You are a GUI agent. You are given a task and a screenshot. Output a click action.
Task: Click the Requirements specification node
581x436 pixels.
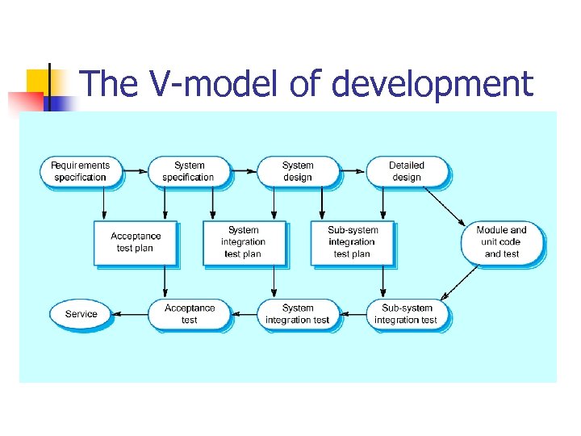pos(80,171)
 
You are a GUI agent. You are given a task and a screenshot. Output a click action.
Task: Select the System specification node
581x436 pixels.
pos(188,171)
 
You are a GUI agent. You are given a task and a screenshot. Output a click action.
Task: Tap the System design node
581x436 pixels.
pos(298,171)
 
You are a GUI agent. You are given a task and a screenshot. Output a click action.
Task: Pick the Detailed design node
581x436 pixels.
pos(407,171)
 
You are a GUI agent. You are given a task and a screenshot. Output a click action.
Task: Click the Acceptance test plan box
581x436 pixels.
pos(135,242)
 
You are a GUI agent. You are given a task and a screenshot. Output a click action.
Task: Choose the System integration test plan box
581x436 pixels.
pos(243,242)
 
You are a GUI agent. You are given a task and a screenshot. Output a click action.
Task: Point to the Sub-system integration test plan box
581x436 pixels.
pos(352,242)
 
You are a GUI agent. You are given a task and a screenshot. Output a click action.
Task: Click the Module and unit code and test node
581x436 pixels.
pos(501,242)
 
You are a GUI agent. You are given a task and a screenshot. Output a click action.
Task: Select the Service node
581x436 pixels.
pos(81,314)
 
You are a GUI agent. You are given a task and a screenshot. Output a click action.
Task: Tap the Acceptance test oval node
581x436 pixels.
pos(189,314)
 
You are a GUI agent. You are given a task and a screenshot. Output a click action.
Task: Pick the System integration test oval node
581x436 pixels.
pos(298,314)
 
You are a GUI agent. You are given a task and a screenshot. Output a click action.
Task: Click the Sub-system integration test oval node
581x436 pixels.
pos(407,314)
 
